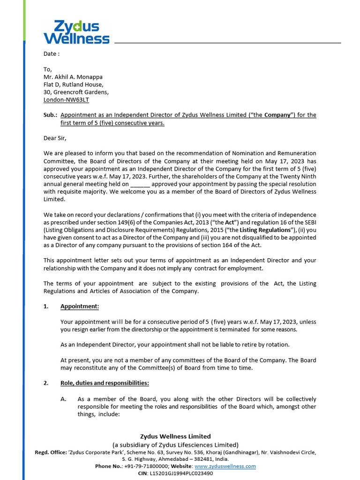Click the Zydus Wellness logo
(76, 32)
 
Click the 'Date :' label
(52, 53)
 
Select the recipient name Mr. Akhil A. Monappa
(73, 77)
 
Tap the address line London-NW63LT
(66, 99)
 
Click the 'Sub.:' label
(50, 115)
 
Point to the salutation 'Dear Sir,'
(55, 138)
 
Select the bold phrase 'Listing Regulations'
(264, 230)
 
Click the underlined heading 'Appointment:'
(80, 306)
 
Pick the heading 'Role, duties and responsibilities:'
(105, 383)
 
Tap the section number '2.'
(46, 383)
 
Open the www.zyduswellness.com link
(225, 466)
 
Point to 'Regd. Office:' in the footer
(52, 452)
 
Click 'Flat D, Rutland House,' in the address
(74, 84)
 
